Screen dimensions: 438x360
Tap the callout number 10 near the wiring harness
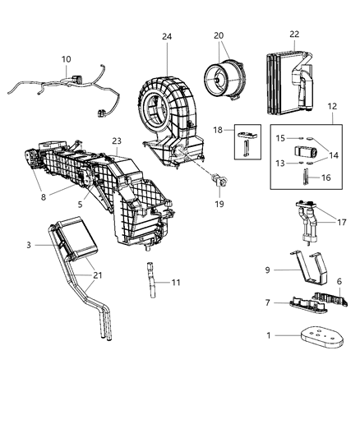coord(66,59)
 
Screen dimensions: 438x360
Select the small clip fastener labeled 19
coord(219,179)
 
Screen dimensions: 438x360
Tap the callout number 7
coord(269,303)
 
